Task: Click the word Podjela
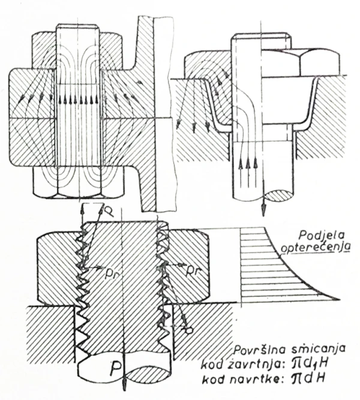pos(322,234)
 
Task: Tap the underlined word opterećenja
pos(316,247)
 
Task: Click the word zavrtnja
pos(263,365)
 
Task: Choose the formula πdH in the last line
pos(309,378)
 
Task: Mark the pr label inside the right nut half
pos(191,272)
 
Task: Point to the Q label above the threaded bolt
pos(109,210)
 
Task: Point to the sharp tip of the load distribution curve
pos(339,300)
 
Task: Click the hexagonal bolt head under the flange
pos(79,182)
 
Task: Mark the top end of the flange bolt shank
pos(77,25)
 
